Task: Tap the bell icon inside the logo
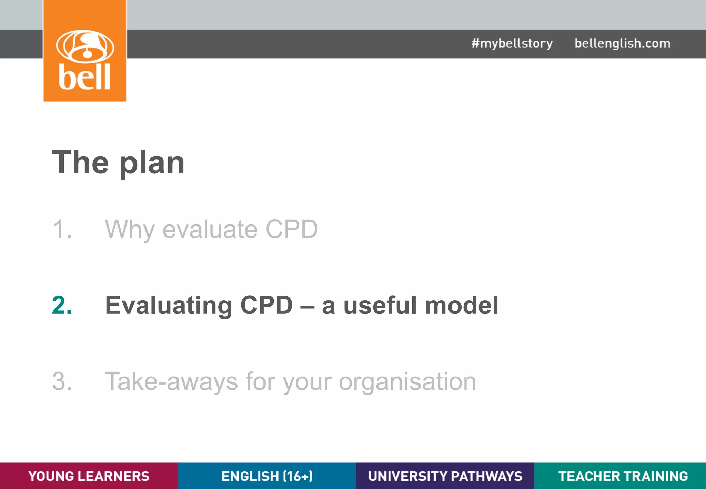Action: click(85, 46)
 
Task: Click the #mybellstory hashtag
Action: click(512, 43)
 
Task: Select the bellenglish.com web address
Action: click(622, 43)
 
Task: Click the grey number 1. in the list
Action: click(62, 229)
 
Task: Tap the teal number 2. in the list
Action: click(62, 305)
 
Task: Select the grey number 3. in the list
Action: click(62, 381)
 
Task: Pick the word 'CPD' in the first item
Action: click(291, 229)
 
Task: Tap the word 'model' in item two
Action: click(462, 305)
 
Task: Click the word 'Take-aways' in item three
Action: click(171, 381)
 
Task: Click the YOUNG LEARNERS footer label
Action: click(89, 476)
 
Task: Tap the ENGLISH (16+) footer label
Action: click(267, 476)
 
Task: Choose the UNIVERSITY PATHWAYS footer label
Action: click(445, 476)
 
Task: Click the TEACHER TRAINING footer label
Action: click(623, 476)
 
